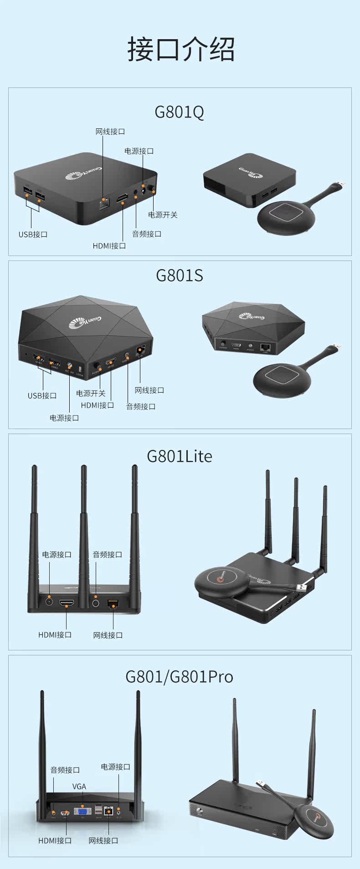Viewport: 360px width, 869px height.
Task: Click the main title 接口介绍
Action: coord(181,49)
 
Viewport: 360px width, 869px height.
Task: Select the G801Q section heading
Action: coord(180,112)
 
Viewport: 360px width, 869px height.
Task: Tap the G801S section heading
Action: coord(180,276)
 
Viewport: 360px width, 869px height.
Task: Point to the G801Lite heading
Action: coord(180,456)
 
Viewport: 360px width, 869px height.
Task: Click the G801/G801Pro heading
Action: coord(180,676)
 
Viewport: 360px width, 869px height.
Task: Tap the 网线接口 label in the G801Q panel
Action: coord(110,132)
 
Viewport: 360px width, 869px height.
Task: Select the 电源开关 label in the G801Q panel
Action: coord(163,215)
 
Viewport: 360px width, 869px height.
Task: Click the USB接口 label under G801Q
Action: coord(33,235)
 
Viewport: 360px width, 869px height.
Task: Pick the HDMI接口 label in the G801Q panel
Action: coord(109,246)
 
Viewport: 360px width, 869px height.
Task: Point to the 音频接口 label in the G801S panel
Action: coord(141,406)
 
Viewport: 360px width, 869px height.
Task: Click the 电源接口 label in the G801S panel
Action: coord(64,418)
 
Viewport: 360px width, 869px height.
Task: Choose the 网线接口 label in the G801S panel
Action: coord(149,390)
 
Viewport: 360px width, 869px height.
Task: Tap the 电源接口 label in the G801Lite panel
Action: coord(57,555)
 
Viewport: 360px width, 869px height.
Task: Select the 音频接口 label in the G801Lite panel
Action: coord(108,555)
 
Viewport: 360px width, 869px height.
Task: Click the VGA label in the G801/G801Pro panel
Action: coord(79,787)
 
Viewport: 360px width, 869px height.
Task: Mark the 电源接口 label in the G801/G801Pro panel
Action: coord(115,767)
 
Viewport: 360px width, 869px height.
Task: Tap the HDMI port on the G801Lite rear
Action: coord(67,603)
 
